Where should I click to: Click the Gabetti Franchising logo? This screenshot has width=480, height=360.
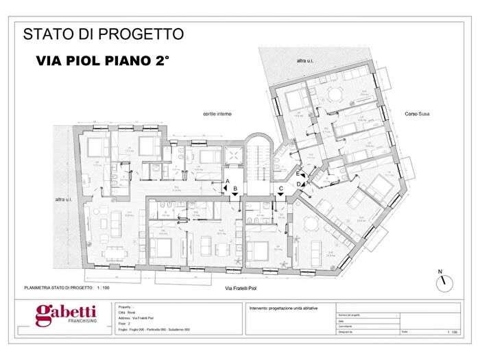pos(66,317)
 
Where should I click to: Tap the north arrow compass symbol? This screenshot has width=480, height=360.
pos(444,280)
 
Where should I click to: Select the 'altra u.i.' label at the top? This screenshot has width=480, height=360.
pos(305,61)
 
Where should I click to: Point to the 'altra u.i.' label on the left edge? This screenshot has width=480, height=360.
pos(66,200)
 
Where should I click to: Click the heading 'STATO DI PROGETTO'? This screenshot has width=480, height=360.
pos(103,34)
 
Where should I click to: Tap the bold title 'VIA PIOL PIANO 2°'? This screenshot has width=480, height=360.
pos(103,61)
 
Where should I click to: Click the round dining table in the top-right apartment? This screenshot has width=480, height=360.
pos(333,94)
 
